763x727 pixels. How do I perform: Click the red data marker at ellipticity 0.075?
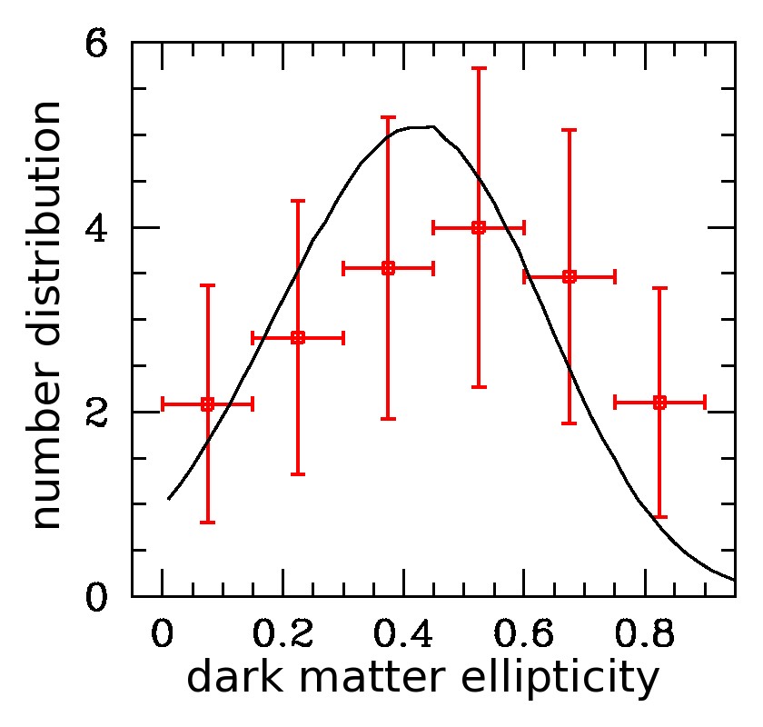(x=207, y=403)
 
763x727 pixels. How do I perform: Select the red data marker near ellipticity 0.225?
(x=297, y=338)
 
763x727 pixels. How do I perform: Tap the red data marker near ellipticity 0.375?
(x=388, y=268)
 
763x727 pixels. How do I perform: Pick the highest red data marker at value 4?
(x=479, y=226)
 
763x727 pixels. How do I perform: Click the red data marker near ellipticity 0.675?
(x=570, y=276)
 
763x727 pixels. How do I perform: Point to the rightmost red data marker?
(x=659, y=402)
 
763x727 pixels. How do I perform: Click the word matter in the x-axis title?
(x=373, y=680)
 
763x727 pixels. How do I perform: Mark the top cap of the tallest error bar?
(x=479, y=68)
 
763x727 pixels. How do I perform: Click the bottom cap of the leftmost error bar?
(x=207, y=523)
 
